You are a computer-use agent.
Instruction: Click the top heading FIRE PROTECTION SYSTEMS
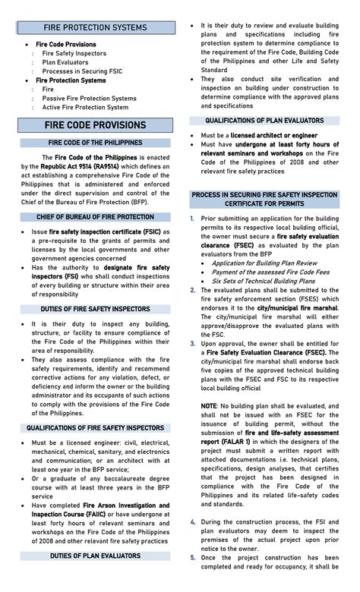coord(95,27)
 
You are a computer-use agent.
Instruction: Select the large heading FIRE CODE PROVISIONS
coord(95,125)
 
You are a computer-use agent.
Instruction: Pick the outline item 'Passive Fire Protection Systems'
coord(89,98)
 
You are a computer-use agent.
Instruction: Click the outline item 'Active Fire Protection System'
coord(85,107)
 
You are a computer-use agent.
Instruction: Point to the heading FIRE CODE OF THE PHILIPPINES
coord(95,143)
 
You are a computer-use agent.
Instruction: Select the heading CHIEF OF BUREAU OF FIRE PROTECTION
coord(95,217)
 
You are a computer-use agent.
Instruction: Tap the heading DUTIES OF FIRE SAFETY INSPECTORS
coord(95,309)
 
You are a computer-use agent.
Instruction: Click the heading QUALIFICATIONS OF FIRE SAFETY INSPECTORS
coord(95,428)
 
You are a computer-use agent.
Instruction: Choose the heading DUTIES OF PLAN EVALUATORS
coord(95,556)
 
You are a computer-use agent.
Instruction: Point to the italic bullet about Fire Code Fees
coord(260,272)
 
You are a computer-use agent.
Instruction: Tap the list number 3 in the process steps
coord(193,344)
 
